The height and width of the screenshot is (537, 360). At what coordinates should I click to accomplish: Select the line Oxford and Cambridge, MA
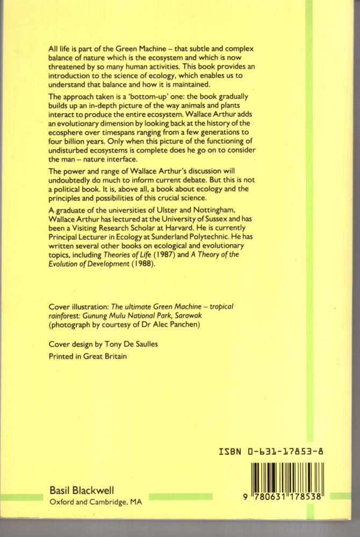(x=96, y=502)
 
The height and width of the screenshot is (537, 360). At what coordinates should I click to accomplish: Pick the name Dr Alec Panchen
(x=163, y=324)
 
